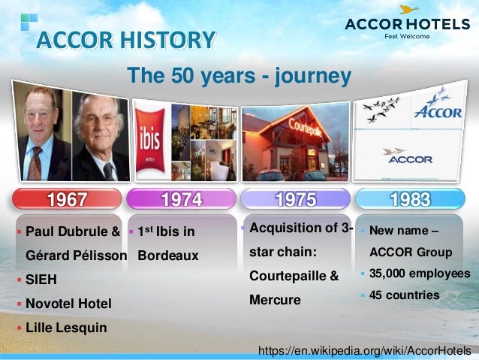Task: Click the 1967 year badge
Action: click(x=68, y=199)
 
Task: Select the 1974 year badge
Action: click(x=182, y=199)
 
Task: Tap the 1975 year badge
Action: click(x=295, y=199)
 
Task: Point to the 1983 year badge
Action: click(x=410, y=199)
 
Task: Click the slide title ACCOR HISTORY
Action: click(x=126, y=38)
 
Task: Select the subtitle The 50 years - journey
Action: click(x=239, y=76)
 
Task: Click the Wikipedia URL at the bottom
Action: click(x=364, y=350)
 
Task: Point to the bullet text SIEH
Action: click(x=41, y=280)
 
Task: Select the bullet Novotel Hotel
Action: click(x=68, y=304)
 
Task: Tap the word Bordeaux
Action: click(x=168, y=256)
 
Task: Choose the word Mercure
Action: click(x=275, y=300)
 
